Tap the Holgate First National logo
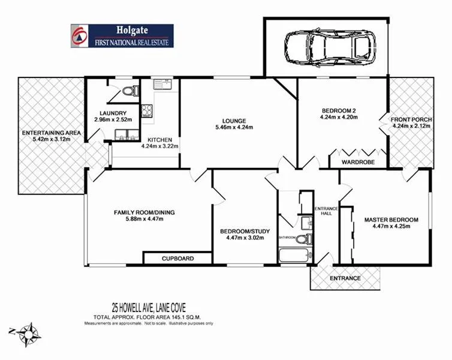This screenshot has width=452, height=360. click(122, 36)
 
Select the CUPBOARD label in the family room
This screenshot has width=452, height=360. click(177, 259)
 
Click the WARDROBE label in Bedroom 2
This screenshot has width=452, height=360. click(358, 162)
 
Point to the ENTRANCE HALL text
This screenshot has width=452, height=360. click(327, 211)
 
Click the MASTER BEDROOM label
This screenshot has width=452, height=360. click(391, 220)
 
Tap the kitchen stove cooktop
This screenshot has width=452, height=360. click(146, 110)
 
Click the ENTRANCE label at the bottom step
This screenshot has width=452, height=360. click(345, 278)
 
